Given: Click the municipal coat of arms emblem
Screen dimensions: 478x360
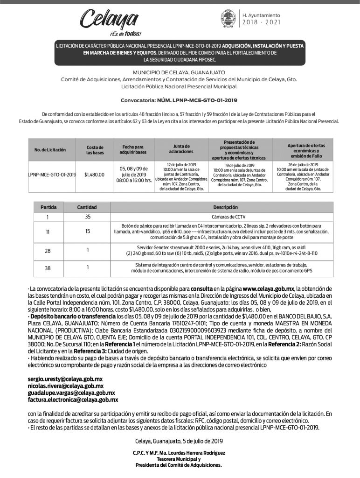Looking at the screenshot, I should click(228, 19).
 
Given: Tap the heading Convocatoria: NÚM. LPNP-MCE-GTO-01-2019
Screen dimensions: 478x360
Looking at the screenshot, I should click(179, 100).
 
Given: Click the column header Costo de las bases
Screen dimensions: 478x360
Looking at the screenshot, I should click(95, 150).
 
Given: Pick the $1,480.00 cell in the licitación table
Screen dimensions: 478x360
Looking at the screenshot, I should click(95, 175).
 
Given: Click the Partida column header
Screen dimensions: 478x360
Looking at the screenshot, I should click(48, 207).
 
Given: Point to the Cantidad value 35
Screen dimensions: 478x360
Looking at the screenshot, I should click(88, 217).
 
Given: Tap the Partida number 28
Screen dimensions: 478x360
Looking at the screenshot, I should click(48, 251).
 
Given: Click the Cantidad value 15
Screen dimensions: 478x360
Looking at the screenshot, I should click(88, 231).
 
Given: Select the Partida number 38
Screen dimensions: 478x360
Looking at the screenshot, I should click(48, 268).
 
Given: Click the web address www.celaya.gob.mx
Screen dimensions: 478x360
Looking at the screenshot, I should click(268, 289).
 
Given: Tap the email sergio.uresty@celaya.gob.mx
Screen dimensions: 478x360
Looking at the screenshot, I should click(65, 379).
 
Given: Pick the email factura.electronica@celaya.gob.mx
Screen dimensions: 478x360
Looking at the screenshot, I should click(73, 400).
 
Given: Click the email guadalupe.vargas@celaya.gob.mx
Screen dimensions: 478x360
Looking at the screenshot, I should click(69, 393).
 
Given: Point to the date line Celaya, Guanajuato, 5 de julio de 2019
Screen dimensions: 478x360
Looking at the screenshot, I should click(179, 441).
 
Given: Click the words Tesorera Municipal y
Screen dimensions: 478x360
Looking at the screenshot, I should click(179, 459).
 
